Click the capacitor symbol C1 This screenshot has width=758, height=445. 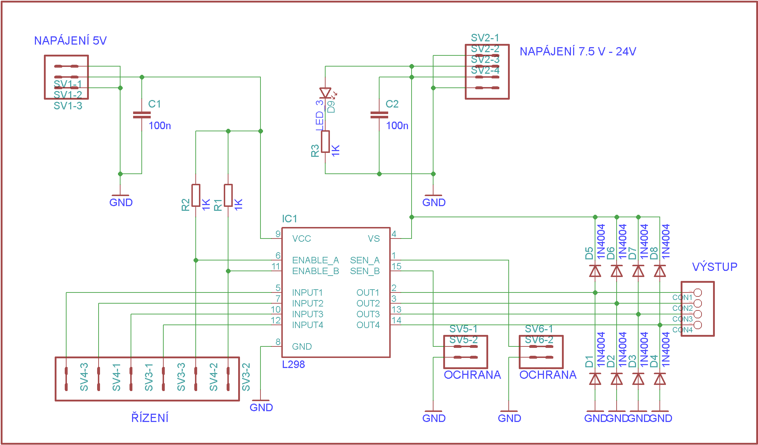142,115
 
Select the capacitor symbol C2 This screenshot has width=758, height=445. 379,115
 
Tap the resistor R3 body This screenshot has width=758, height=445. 325,141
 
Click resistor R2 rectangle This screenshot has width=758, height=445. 196,195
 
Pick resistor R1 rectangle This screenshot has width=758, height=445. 228,195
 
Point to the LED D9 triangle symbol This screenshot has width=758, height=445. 325,93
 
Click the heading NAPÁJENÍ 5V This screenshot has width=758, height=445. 70,41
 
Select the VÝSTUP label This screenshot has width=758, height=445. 714,267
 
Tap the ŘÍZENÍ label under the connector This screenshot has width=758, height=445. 150,418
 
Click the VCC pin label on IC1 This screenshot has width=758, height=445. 301,239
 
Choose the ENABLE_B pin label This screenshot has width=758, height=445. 316,271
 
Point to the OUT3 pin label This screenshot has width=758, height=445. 368,314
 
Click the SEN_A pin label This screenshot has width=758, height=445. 365,260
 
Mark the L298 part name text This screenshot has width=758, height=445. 293,365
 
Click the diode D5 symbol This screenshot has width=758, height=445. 595,271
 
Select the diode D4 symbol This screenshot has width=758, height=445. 660,379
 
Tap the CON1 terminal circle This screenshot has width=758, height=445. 698,292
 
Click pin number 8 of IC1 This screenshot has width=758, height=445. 278,342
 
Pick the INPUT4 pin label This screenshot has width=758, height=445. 308,325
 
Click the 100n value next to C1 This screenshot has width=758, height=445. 160,126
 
